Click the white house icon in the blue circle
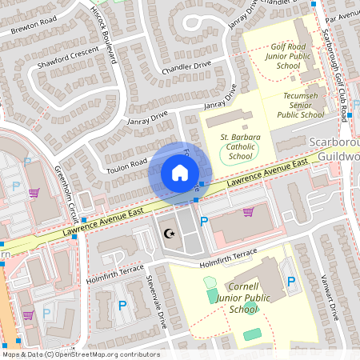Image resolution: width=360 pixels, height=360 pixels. (x=179, y=173)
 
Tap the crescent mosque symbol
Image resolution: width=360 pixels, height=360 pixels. (x=169, y=234)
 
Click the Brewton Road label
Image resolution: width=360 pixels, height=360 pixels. (x=34, y=25)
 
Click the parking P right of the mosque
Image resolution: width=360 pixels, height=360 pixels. (x=203, y=222)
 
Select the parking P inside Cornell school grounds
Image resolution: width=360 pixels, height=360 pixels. (x=291, y=282)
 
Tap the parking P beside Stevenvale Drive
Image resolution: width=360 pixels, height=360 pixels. (x=122, y=305)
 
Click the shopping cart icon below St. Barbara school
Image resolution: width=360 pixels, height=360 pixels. (x=248, y=212)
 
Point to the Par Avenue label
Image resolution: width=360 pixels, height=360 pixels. (x=342, y=13)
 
